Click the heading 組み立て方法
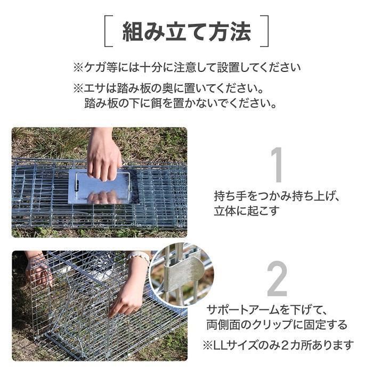pyautogui.click(x=186, y=31)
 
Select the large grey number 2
pyautogui.click(x=277, y=278)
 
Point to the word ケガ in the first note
pyautogui.click(x=95, y=68)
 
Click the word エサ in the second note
pyautogui.click(x=95, y=89)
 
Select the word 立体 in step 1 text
pyautogui.click(x=225, y=211)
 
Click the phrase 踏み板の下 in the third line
pyautogui.click(x=112, y=103)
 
